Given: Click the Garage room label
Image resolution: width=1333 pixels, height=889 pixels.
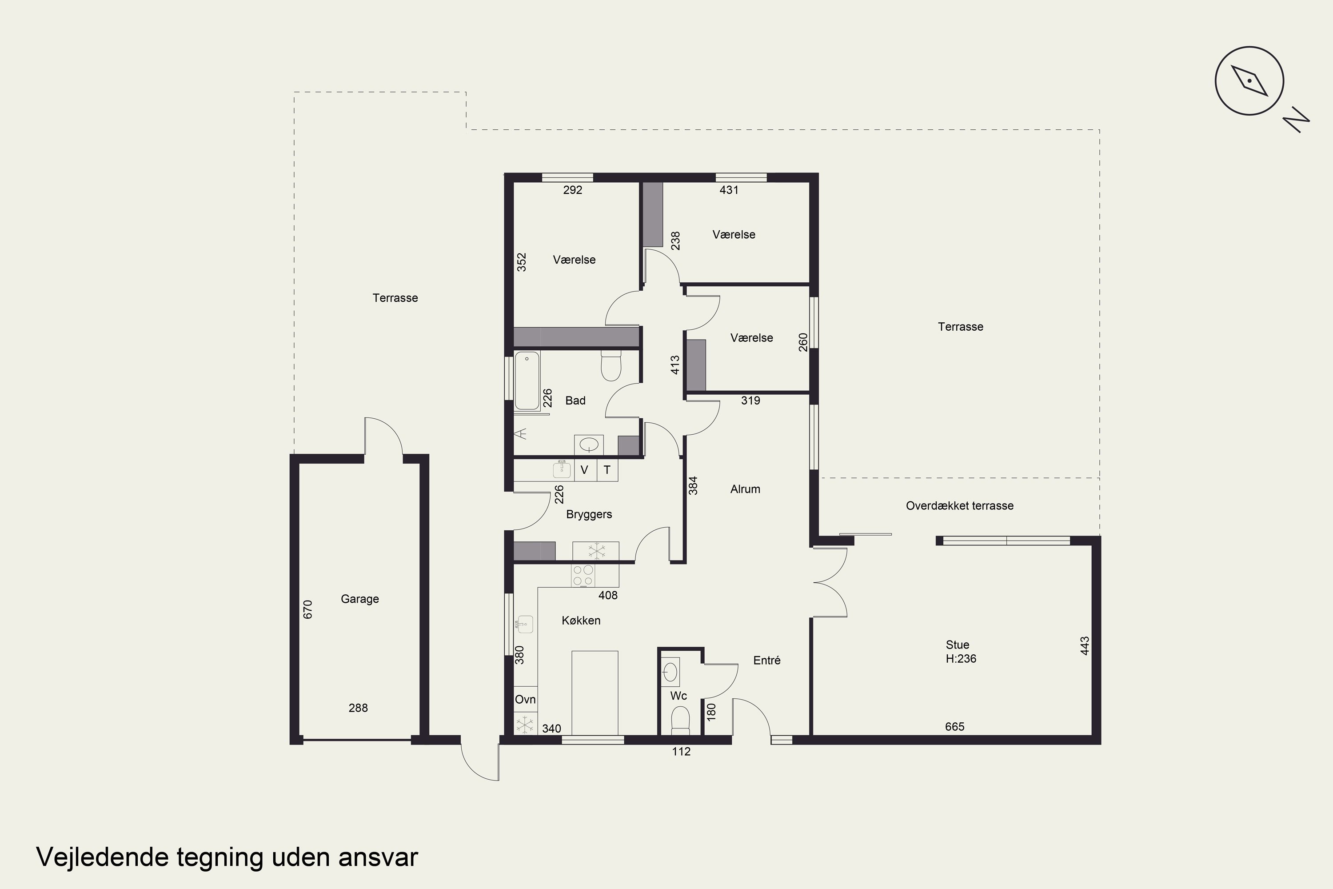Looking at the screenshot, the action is coord(360,599).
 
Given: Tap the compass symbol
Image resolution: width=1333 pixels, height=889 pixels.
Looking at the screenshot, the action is coord(1249,80).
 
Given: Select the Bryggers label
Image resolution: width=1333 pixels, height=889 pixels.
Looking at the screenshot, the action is coord(589,514).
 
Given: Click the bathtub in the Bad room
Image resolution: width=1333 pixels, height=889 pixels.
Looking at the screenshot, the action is coord(527,380).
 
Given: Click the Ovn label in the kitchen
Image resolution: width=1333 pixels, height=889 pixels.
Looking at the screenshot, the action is coord(525,699).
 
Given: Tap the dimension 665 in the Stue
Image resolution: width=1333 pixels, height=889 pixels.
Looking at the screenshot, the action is coord(954,726).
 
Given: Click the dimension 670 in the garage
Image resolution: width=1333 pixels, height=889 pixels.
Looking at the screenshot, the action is coord(308,609).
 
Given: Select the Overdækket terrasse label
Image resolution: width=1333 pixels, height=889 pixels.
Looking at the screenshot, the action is coord(959,506).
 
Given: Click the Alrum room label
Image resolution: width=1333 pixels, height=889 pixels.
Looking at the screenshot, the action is coord(745,489).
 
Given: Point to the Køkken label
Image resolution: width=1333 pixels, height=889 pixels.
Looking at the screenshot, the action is coord(581,620).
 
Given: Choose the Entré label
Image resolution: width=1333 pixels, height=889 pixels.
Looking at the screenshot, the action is coord(767,660).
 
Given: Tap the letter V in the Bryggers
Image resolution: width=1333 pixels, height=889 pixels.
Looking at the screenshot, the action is coord(584,470).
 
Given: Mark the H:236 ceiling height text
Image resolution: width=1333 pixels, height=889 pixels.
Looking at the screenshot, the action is coord(961,659).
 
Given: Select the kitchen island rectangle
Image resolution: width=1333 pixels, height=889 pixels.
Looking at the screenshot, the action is coord(595,693).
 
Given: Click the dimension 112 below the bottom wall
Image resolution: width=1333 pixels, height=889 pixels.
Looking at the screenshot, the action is coord(681,751).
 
